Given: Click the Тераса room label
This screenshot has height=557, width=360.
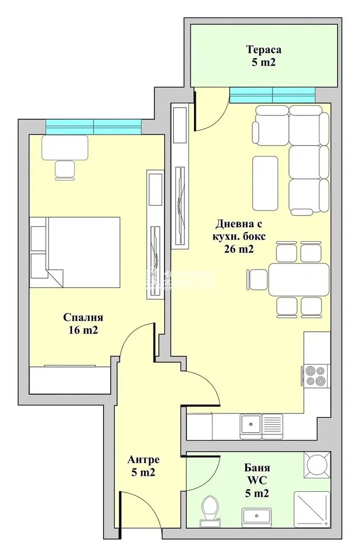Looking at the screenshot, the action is pos(264,49).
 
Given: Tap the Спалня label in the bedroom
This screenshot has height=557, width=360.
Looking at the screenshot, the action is pos(83,317).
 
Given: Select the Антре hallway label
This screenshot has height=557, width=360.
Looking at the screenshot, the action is pos(144,460).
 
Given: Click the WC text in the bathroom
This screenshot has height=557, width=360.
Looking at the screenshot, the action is pos(256,480).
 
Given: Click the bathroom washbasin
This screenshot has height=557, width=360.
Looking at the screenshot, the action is pos(256,517).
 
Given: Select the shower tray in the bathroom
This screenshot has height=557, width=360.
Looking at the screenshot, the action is pos(312,510).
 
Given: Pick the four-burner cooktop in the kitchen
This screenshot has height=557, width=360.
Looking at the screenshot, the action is pos(315,376).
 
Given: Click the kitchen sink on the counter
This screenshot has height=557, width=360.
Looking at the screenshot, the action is pos(261,425).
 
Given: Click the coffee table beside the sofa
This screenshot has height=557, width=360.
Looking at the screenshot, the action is pos(265,183).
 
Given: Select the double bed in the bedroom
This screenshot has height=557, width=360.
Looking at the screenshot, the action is pos(75,252).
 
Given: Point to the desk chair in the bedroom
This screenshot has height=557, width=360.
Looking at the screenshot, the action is pos(65,170).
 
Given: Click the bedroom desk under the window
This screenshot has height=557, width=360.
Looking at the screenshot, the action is pos(65,148).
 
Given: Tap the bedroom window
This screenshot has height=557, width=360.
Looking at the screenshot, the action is pos(94,126).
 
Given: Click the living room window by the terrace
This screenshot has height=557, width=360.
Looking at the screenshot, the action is pos(272,95).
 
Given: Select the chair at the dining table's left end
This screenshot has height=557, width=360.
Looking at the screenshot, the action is pos(257,280).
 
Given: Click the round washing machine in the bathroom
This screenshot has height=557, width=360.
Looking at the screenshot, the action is pos(317,465).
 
